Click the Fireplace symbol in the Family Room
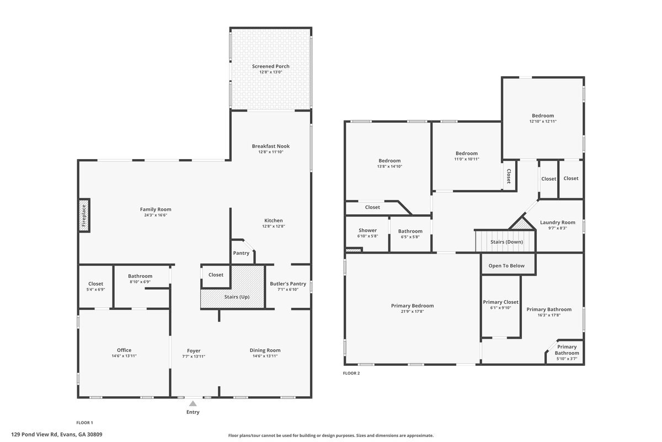coord(84,215)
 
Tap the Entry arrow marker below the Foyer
coord(193,404)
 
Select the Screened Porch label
coord(271,66)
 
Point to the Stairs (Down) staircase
coord(506,241)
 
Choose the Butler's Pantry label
coord(287,284)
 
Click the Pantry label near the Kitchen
coord(241,253)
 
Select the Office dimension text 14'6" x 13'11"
coord(124,356)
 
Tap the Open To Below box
coord(506,266)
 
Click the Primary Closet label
coord(500,302)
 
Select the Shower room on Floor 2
coord(367,233)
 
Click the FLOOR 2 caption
coord(351,373)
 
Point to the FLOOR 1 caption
coord(84,422)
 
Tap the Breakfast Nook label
coord(271,146)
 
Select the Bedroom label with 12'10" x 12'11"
coord(543,115)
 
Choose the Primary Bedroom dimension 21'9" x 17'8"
coord(412,311)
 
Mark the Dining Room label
coord(265,350)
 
